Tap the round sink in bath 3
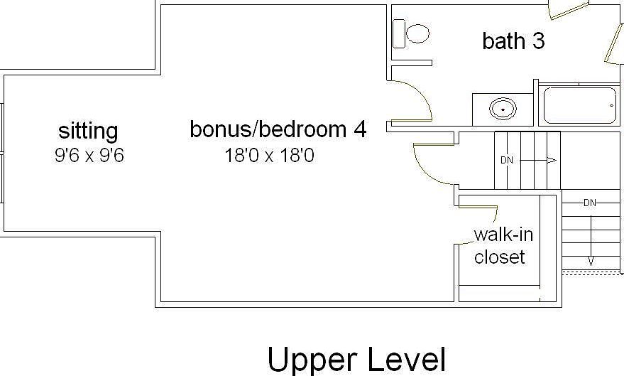pos(503,109)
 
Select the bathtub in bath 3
pos(579,106)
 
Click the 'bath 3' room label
pos(513,41)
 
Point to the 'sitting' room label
pos(88,131)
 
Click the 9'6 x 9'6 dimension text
pos(89,156)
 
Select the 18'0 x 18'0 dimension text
pos(269,155)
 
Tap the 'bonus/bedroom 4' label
pos(278,129)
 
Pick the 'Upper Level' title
pos(356,360)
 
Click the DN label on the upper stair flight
pos(506,160)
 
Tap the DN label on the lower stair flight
pos(589,203)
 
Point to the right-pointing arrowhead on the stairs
pos(551,160)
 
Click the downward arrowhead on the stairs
pos(590,262)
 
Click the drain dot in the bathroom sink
pos(503,109)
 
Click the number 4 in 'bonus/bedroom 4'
pos(360,129)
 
